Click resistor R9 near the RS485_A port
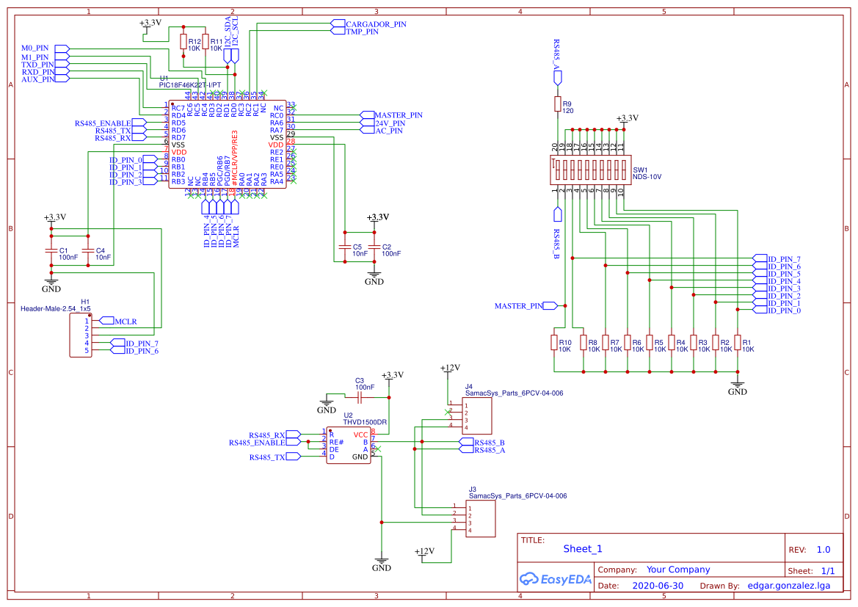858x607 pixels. point(557,103)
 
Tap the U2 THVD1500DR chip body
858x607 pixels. point(349,445)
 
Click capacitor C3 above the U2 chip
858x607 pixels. point(360,397)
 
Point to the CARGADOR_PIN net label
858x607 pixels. point(376,23)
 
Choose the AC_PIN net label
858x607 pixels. point(388,131)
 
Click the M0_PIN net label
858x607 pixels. point(34,48)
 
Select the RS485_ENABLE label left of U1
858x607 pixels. point(103,123)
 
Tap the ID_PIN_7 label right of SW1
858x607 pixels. point(783,259)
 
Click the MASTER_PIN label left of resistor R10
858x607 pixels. point(519,305)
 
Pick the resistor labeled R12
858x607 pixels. point(183,43)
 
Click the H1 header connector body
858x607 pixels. point(81,335)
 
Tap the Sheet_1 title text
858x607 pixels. point(583,548)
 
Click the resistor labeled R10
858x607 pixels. point(553,344)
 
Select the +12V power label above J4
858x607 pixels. point(448,368)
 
